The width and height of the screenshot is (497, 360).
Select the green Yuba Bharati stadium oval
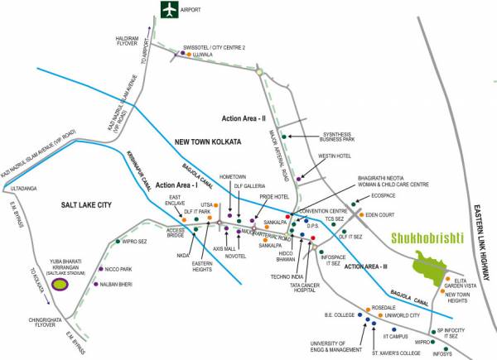click(59, 285)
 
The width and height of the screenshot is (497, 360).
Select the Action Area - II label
click(239, 117)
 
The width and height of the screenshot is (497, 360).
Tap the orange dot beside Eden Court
click(360, 214)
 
